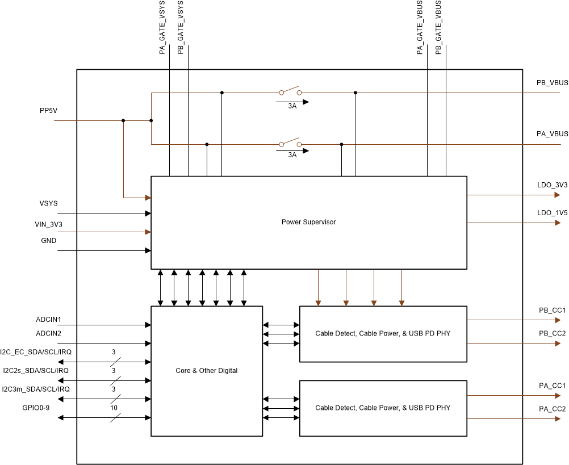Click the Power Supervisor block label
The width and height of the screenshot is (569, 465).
click(x=308, y=222)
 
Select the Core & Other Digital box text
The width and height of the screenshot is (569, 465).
click(x=207, y=371)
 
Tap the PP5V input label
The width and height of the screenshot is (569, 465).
click(x=48, y=111)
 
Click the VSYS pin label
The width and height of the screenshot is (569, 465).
click(x=48, y=203)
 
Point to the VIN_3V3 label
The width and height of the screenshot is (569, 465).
click(x=48, y=224)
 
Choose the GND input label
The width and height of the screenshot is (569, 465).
click(x=48, y=241)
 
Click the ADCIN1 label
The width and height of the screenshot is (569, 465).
click(x=48, y=320)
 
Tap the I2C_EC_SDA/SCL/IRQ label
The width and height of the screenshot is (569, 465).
click(x=36, y=352)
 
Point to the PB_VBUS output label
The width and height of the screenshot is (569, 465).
click(x=552, y=83)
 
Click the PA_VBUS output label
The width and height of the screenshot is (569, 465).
click(x=552, y=134)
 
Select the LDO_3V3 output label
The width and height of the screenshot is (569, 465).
click(x=552, y=185)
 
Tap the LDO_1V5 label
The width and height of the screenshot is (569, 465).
click(x=552, y=213)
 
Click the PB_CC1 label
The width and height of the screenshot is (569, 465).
click(x=552, y=311)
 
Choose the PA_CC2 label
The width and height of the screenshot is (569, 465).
click(x=552, y=409)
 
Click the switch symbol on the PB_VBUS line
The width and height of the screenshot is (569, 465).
click(x=290, y=91)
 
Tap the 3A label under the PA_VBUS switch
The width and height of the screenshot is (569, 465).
click(x=292, y=154)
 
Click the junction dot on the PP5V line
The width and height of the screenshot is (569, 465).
click(x=123, y=120)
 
